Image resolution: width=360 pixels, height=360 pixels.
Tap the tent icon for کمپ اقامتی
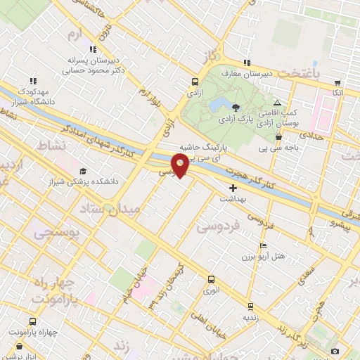(x=277, y=103)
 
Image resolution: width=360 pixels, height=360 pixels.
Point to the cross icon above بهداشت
(x=233, y=188)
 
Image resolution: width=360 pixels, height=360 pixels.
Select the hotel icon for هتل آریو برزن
(x=263, y=245)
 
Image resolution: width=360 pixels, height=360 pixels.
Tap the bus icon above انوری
(x=211, y=278)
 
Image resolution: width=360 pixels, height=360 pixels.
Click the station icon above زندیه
(x=250, y=306)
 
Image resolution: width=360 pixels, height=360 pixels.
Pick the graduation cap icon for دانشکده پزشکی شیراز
(x=84, y=171)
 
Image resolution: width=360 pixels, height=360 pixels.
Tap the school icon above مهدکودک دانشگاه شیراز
(x=33, y=81)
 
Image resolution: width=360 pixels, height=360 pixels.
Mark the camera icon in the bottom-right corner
(x=335, y=350)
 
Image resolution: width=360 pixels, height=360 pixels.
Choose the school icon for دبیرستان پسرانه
(x=92, y=49)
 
